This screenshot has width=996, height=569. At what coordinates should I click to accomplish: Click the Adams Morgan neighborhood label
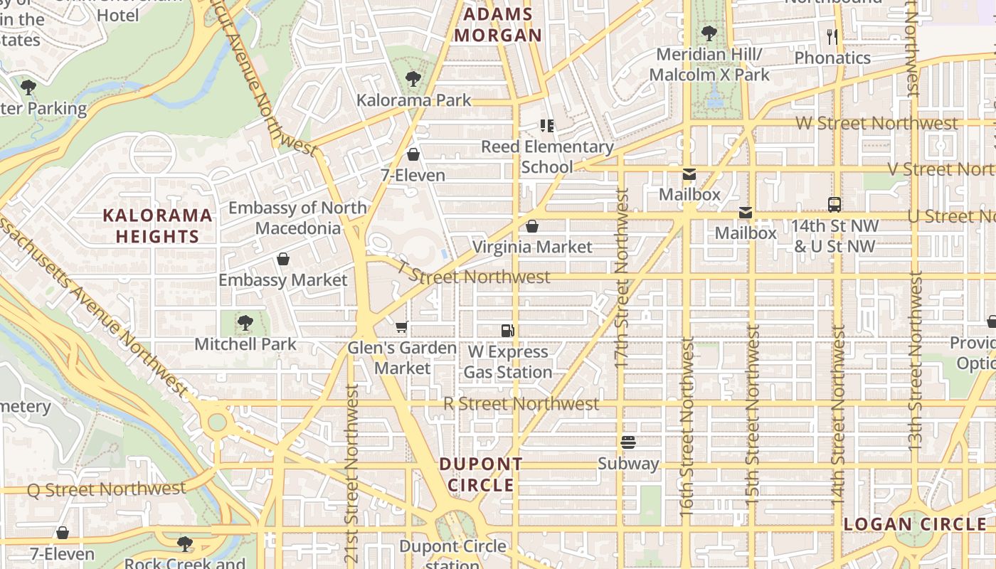(498, 25)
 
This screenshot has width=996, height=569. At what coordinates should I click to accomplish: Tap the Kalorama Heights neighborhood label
(157, 225)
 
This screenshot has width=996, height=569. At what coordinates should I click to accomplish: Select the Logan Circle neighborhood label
(915, 525)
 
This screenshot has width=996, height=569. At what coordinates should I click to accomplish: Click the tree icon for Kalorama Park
(413, 79)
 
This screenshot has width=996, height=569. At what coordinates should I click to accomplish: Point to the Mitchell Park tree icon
(245, 323)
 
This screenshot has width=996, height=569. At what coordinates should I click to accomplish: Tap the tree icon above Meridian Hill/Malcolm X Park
(709, 33)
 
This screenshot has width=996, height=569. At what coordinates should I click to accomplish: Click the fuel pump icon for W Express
(507, 330)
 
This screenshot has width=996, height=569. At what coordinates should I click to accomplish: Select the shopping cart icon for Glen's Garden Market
(402, 327)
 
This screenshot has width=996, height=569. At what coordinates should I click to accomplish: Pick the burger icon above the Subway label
(627, 442)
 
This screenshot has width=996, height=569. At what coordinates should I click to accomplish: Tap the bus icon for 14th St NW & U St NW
(835, 205)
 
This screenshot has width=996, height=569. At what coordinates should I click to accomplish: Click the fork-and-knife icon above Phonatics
(832, 36)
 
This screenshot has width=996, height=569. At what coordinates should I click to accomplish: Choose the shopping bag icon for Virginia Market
(532, 226)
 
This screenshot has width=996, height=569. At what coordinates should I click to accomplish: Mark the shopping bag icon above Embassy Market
(283, 259)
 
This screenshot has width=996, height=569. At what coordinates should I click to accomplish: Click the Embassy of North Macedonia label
(297, 218)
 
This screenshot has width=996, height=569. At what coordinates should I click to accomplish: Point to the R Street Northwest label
(521, 404)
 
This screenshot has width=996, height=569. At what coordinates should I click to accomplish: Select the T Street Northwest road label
(473, 275)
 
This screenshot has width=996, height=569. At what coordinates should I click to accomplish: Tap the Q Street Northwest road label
(106, 489)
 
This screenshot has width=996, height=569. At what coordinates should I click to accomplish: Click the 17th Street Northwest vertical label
(622, 277)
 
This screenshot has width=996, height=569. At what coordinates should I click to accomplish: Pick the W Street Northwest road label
(876, 123)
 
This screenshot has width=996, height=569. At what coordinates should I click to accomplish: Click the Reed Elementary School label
(547, 156)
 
